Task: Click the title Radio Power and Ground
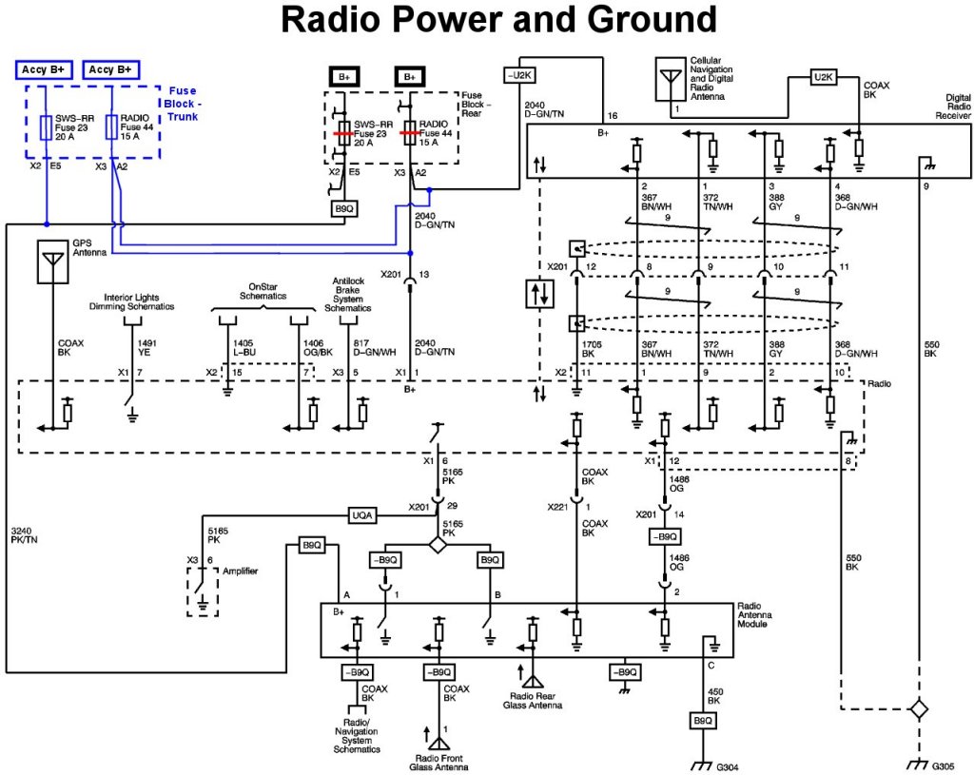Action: (498, 19)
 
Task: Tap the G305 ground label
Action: (943, 765)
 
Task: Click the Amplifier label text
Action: (240, 571)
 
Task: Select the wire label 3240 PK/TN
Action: (24, 533)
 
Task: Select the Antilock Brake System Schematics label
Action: (349, 294)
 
